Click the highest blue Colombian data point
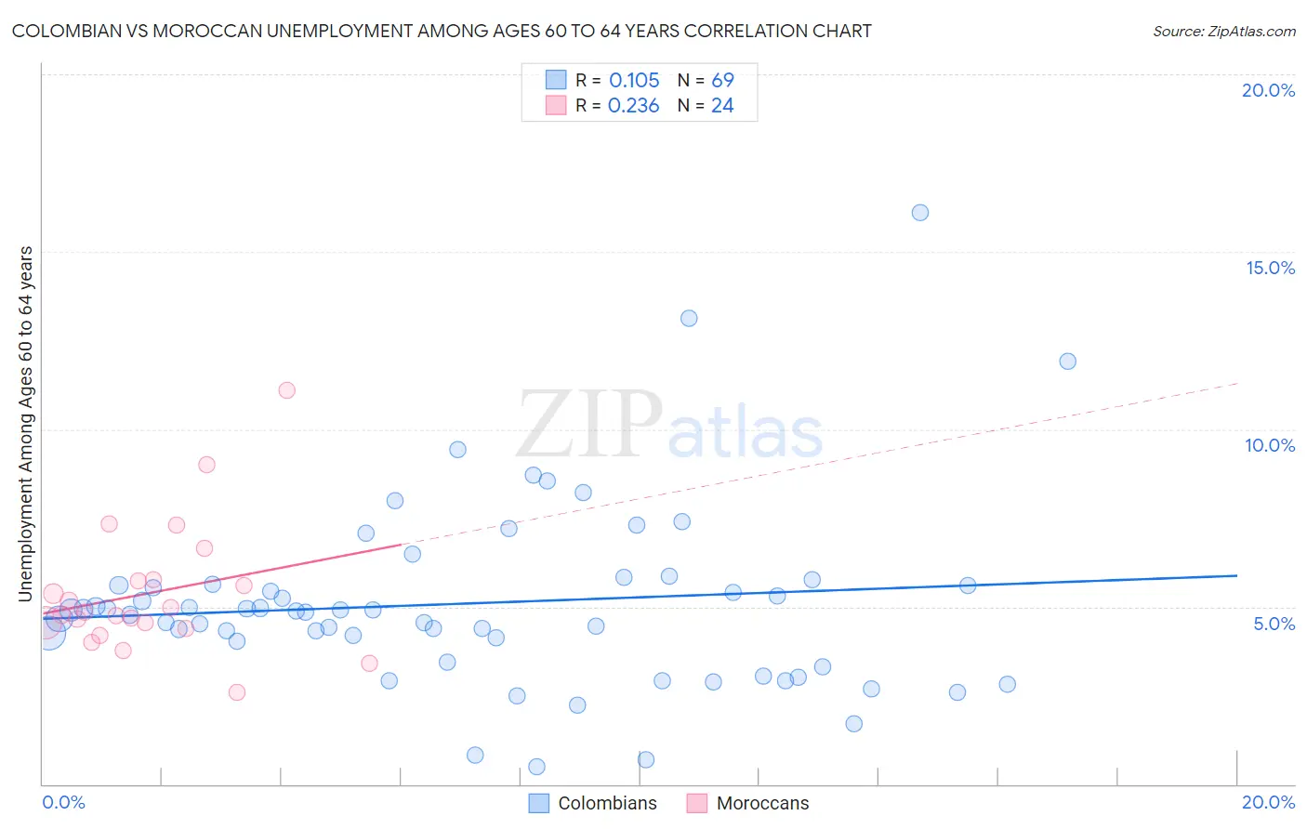point(919,213)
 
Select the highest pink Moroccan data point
point(286,390)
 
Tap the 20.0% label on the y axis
point(1268,90)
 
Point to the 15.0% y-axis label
point(1270,268)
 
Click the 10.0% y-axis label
point(1270,445)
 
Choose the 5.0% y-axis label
point(1274,624)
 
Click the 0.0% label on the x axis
point(63,802)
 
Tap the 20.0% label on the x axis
point(1268,802)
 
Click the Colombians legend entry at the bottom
point(606,803)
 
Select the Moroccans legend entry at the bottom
point(762,803)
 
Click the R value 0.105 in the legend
point(634,80)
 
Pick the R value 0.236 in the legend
point(633,106)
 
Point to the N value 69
point(722,80)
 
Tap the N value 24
point(722,106)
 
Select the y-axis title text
point(25,423)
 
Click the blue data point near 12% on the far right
point(1067,362)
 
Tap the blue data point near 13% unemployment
point(689,319)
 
